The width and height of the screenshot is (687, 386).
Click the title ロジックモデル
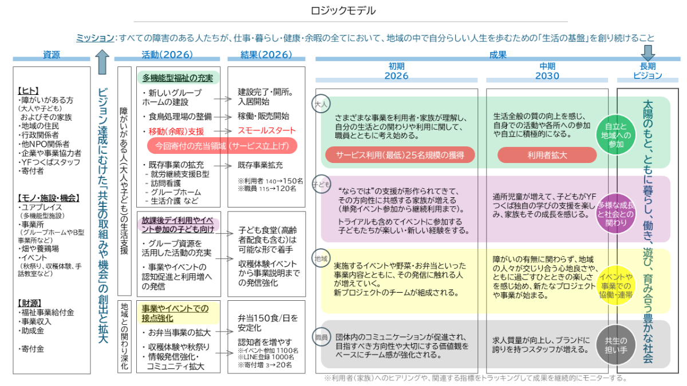click(x=343, y=11)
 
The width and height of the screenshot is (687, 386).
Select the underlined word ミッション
click(x=95, y=38)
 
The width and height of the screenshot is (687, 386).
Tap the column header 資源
click(x=52, y=55)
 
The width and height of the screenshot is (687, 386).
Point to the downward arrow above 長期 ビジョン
click(x=648, y=53)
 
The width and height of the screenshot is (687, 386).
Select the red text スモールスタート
click(x=267, y=130)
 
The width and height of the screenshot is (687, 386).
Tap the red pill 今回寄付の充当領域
click(x=222, y=145)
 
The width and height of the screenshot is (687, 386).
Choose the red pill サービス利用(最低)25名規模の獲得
click(x=399, y=154)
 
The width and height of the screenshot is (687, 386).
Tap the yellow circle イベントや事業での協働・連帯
click(x=616, y=286)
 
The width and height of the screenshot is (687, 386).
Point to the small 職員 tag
click(x=321, y=337)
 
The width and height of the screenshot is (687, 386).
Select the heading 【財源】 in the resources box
click(x=32, y=303)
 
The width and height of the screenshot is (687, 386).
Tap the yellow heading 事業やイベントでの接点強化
click(x=175, y=312)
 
